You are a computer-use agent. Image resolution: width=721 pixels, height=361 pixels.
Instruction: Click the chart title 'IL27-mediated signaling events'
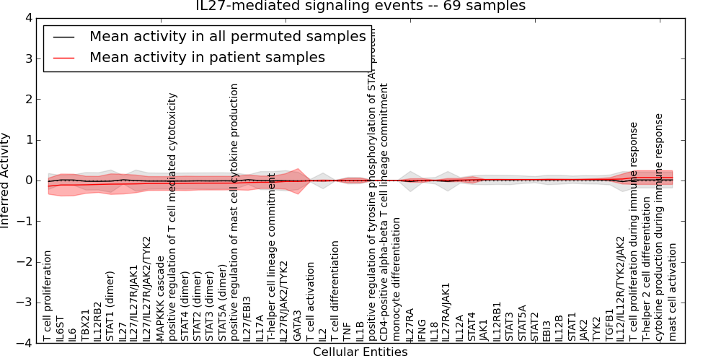click(360, 6)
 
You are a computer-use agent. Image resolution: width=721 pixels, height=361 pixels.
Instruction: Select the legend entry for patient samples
click(207, 58)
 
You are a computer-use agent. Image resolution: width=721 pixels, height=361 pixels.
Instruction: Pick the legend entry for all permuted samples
click(227, 37)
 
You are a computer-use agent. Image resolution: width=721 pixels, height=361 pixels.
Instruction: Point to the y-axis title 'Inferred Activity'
click(6, 180)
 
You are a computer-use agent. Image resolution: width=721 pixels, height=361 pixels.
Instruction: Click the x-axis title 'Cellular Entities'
click(360, 352)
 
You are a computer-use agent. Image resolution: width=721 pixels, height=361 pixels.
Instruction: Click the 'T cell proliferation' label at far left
click(48, 295)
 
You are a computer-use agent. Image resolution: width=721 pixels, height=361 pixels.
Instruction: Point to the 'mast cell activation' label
click(673, 291)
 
